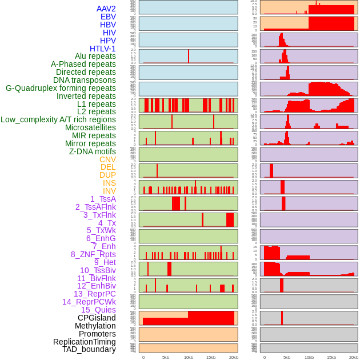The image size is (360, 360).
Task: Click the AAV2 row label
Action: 106,9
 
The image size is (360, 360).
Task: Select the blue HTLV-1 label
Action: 102,49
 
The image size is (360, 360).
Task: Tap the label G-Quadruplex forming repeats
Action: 61,88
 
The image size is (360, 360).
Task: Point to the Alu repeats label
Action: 95,56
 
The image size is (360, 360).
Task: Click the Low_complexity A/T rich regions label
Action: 58,119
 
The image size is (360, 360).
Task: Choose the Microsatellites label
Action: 90,127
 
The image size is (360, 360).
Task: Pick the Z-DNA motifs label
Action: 92,151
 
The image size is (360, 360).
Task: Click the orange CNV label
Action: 107,159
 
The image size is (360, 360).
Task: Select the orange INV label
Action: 109,191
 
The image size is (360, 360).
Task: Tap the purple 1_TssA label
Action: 103,199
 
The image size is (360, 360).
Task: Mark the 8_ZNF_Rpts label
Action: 93,254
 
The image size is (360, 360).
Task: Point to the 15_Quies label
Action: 98,310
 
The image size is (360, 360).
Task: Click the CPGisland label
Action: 97,318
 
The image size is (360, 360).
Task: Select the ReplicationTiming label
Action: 84,342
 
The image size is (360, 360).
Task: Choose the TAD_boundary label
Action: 89,349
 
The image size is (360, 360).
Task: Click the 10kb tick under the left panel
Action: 189,357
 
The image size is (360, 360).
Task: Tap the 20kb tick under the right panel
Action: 354,357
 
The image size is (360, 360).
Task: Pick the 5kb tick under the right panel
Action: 287,357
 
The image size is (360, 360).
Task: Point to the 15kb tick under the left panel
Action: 211,357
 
